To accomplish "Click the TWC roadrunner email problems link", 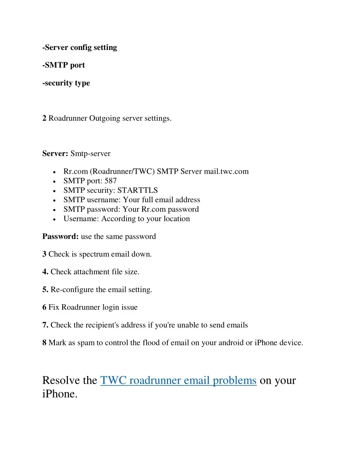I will coord(178,381).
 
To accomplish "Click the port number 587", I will coord(110,181).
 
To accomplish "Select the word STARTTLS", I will coord(137,190).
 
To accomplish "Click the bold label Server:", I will coord(55,153).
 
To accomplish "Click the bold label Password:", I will coord(60,236).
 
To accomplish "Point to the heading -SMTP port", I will coord(64,65).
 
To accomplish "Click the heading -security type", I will coord(66,83).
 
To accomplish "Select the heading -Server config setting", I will coord(79,47).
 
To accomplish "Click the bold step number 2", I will coord(44,118).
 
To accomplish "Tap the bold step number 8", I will coord(44,343).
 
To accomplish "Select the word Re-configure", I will coord(72,290).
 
